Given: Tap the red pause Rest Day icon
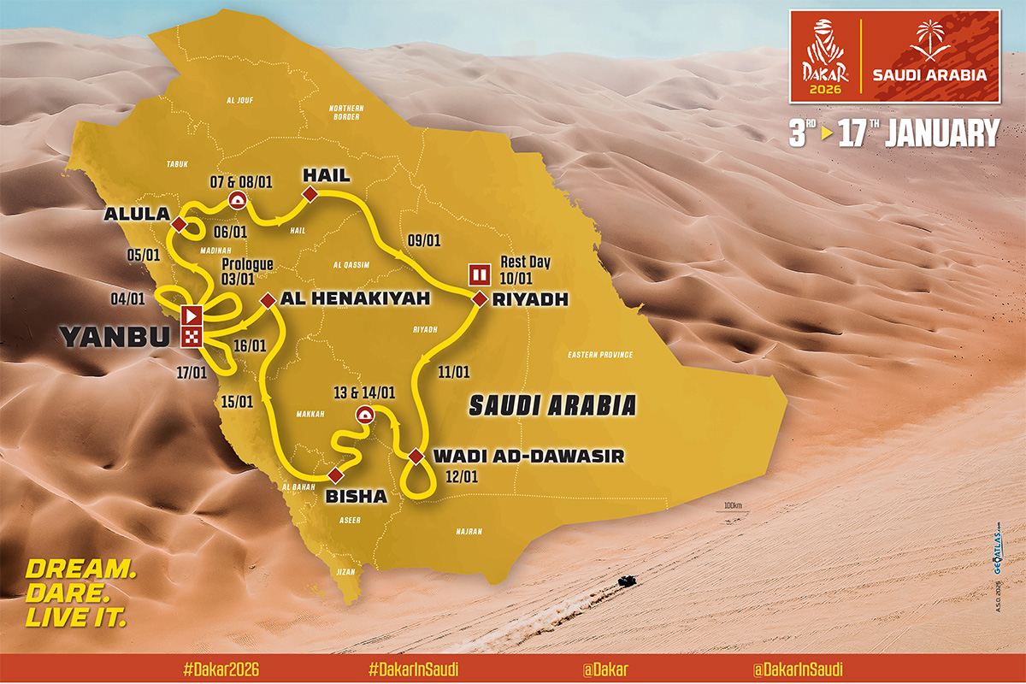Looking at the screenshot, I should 478,275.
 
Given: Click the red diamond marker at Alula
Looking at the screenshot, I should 179,224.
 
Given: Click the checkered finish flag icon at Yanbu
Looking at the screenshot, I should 191,336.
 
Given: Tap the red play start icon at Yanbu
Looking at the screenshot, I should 191,314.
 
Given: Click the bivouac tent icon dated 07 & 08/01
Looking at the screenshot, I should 237,200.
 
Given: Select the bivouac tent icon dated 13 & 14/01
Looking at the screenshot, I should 364,416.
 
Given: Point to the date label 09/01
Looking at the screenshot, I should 423,240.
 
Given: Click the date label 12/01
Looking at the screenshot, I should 463,476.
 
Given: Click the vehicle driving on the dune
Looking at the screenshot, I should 628,581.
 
